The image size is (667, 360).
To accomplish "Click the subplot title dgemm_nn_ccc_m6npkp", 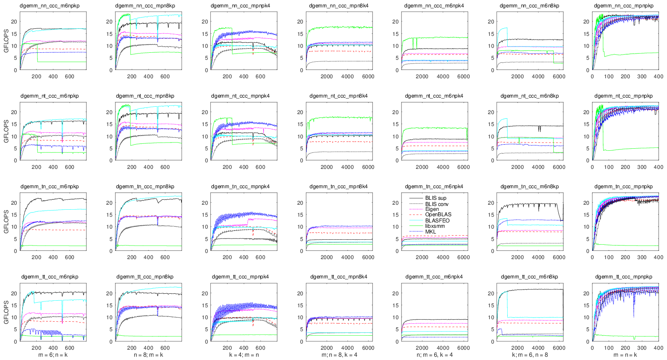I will (x=49, y=6).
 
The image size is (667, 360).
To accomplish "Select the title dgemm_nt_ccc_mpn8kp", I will (x=145, y=96).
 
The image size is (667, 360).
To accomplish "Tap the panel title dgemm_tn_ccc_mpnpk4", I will (x=240, y=187).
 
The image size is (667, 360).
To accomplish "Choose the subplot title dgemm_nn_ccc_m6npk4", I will (x=434, y=6).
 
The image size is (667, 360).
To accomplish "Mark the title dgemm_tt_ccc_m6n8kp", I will (x=529, y=277).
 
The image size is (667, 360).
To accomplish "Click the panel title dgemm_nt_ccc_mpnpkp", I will (x=623, y=96).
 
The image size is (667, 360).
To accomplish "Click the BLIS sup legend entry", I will (x=436, y=198).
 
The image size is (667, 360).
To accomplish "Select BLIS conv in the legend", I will (x=437, y=204).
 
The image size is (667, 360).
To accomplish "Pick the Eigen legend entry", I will (x=432, y=209).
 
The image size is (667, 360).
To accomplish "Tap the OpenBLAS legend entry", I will (x=438, y=215).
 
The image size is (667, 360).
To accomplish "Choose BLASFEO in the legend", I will (x=437, y=220).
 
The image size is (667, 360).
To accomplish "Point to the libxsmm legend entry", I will (x=435, y=226).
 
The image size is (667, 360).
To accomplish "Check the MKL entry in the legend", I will (x=430, y=231).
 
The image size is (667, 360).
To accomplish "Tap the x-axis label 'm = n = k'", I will (x=625, y=355).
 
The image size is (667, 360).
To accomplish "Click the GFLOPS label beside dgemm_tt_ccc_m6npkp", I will (x=6, y=312).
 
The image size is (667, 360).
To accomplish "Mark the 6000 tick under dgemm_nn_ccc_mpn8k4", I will (x=368, y=77).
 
